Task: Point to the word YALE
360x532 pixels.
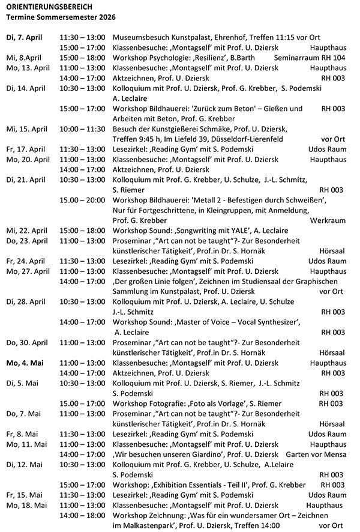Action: point(257,231)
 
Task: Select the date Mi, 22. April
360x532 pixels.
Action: point(28,231)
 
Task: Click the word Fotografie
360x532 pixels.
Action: point(164,403)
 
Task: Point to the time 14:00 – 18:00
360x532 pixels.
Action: point(82,515)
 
